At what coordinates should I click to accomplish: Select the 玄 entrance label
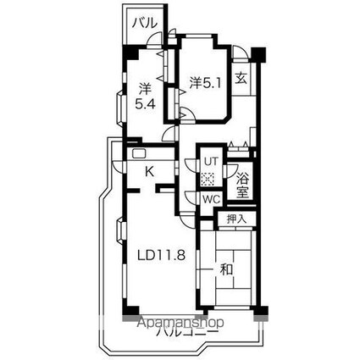point(241,79)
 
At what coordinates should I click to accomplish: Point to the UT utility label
point(210,160)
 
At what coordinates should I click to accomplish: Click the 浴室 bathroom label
point(242,186)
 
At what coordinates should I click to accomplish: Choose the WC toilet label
point(210,199)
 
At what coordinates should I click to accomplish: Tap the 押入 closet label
point(237,219)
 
